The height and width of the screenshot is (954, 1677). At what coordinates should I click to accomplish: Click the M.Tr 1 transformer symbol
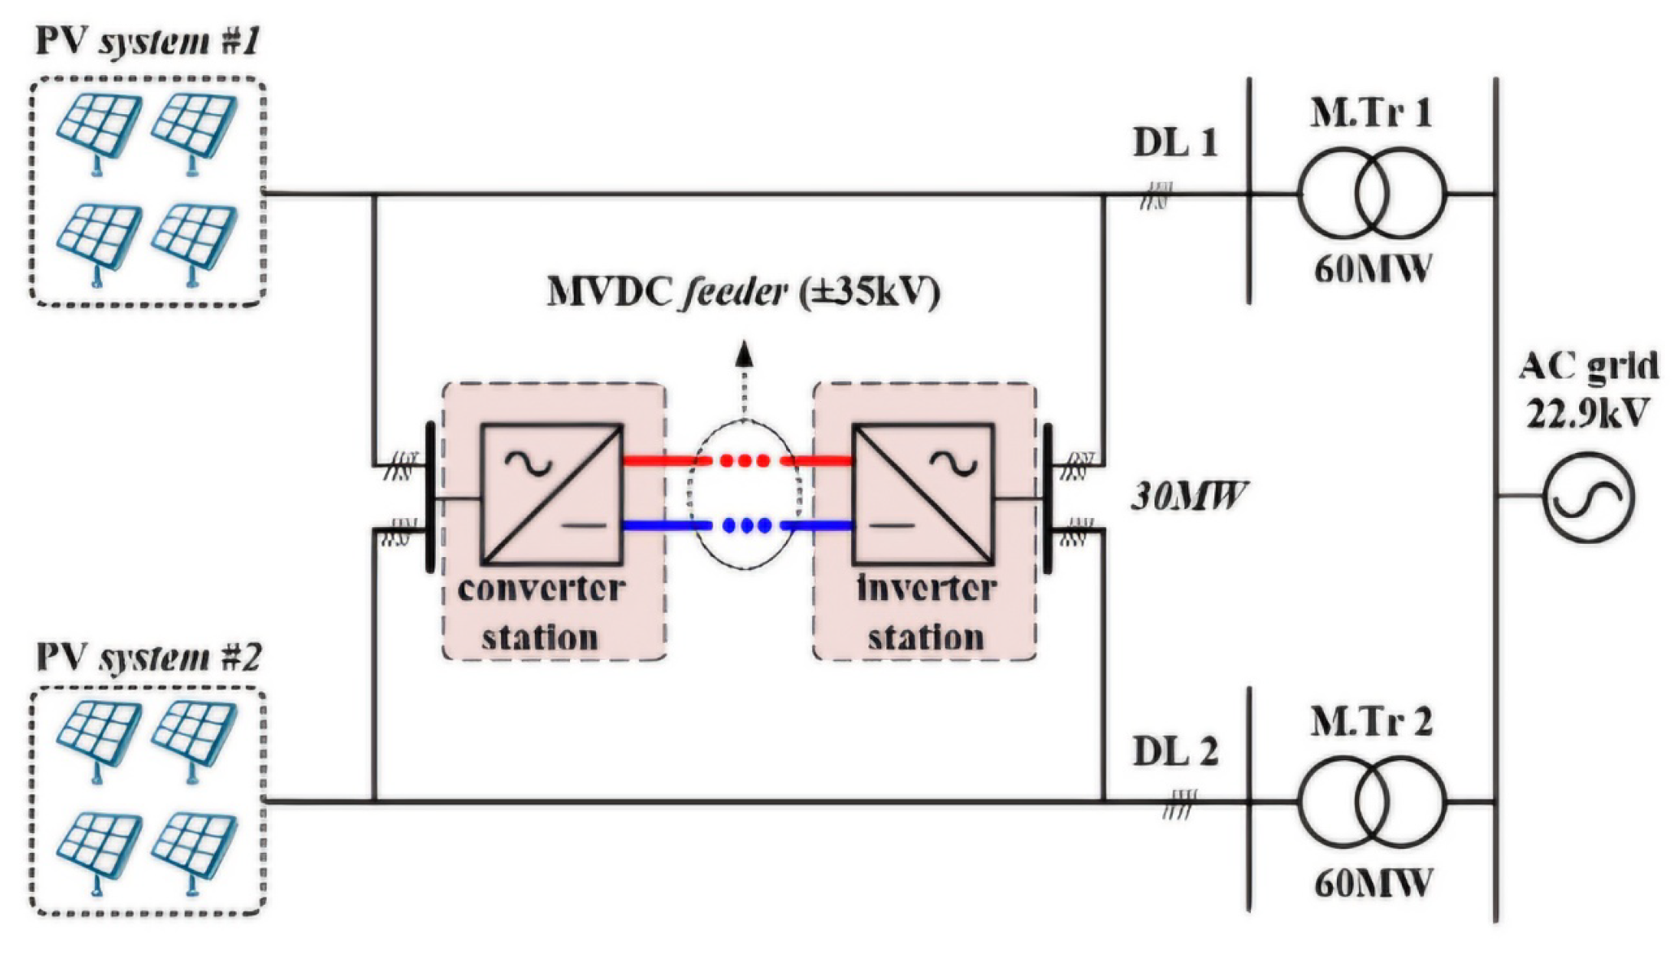pyautogui.click(x=1371, y=193)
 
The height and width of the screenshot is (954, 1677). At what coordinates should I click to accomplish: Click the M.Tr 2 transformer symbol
pyautogui.click(x=1371, y=802)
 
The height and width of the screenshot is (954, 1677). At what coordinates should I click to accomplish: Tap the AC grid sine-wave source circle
pyautogui.click(x=1587, y=497)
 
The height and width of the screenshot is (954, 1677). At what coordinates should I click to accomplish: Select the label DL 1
pyautogui.click(x=1174, y=143)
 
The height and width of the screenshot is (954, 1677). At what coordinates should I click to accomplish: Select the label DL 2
pyautogui.click(x=1174, y=752)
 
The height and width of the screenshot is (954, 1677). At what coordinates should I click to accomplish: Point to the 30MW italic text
pyautogui.click(x=1188, y=497)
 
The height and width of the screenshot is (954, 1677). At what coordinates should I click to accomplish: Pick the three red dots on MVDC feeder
pyautogui.click(x=745, y=461)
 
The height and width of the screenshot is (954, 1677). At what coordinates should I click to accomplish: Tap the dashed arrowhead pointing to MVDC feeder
pyautogui.click(x=743, y=355)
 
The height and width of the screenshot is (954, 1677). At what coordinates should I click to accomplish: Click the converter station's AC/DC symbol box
pyautogui.click(x=551, y=494)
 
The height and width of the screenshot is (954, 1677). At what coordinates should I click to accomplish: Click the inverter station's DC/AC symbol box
pyautogui.click(x=922, y=494)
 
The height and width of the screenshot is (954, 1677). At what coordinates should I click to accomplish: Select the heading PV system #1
pyautogui.click(x=148, y=41)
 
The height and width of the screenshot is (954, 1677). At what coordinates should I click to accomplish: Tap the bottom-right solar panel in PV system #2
pyautogui.click(x=193, y=847)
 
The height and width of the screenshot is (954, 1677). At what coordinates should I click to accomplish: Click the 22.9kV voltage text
pyautogui.click(x=1587, y=415)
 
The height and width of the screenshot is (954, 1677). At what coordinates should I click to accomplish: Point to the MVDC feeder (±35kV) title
pyautogui.click(x=742, y=292)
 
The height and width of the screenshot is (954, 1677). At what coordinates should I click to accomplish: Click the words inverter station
pyautogui.click(x=925, y=613)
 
